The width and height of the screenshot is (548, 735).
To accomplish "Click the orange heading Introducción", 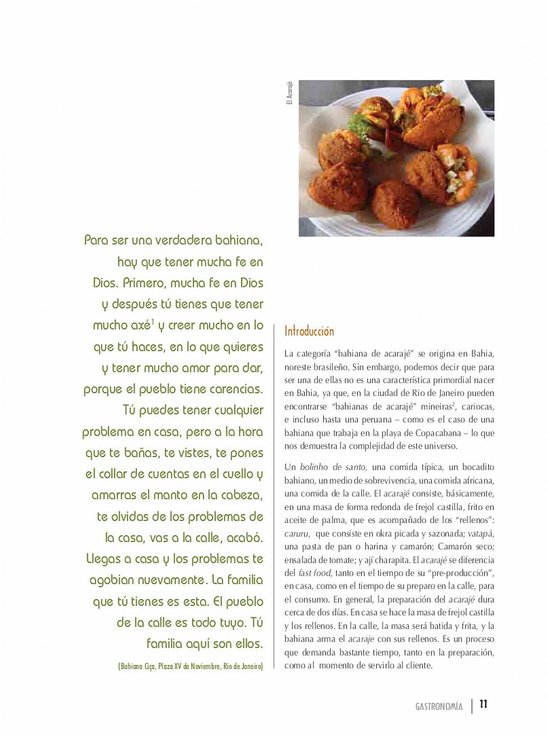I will coord(309,331).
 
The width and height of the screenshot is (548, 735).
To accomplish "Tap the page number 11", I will coord(484,704).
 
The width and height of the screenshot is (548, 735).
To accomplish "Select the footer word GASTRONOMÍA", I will coord(439,706).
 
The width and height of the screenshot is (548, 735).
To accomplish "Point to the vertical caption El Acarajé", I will coord(290,93).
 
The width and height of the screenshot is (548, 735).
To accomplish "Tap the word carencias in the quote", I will coord(235,389).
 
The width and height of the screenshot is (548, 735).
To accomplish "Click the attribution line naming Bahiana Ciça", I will coord(190,666).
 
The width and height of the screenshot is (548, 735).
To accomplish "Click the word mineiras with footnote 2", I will coord(435,407).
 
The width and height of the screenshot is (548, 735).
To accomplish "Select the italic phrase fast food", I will coord(315,573).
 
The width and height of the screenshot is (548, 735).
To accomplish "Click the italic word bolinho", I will coord(313,467).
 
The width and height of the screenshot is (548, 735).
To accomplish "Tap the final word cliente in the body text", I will coord(418,666).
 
